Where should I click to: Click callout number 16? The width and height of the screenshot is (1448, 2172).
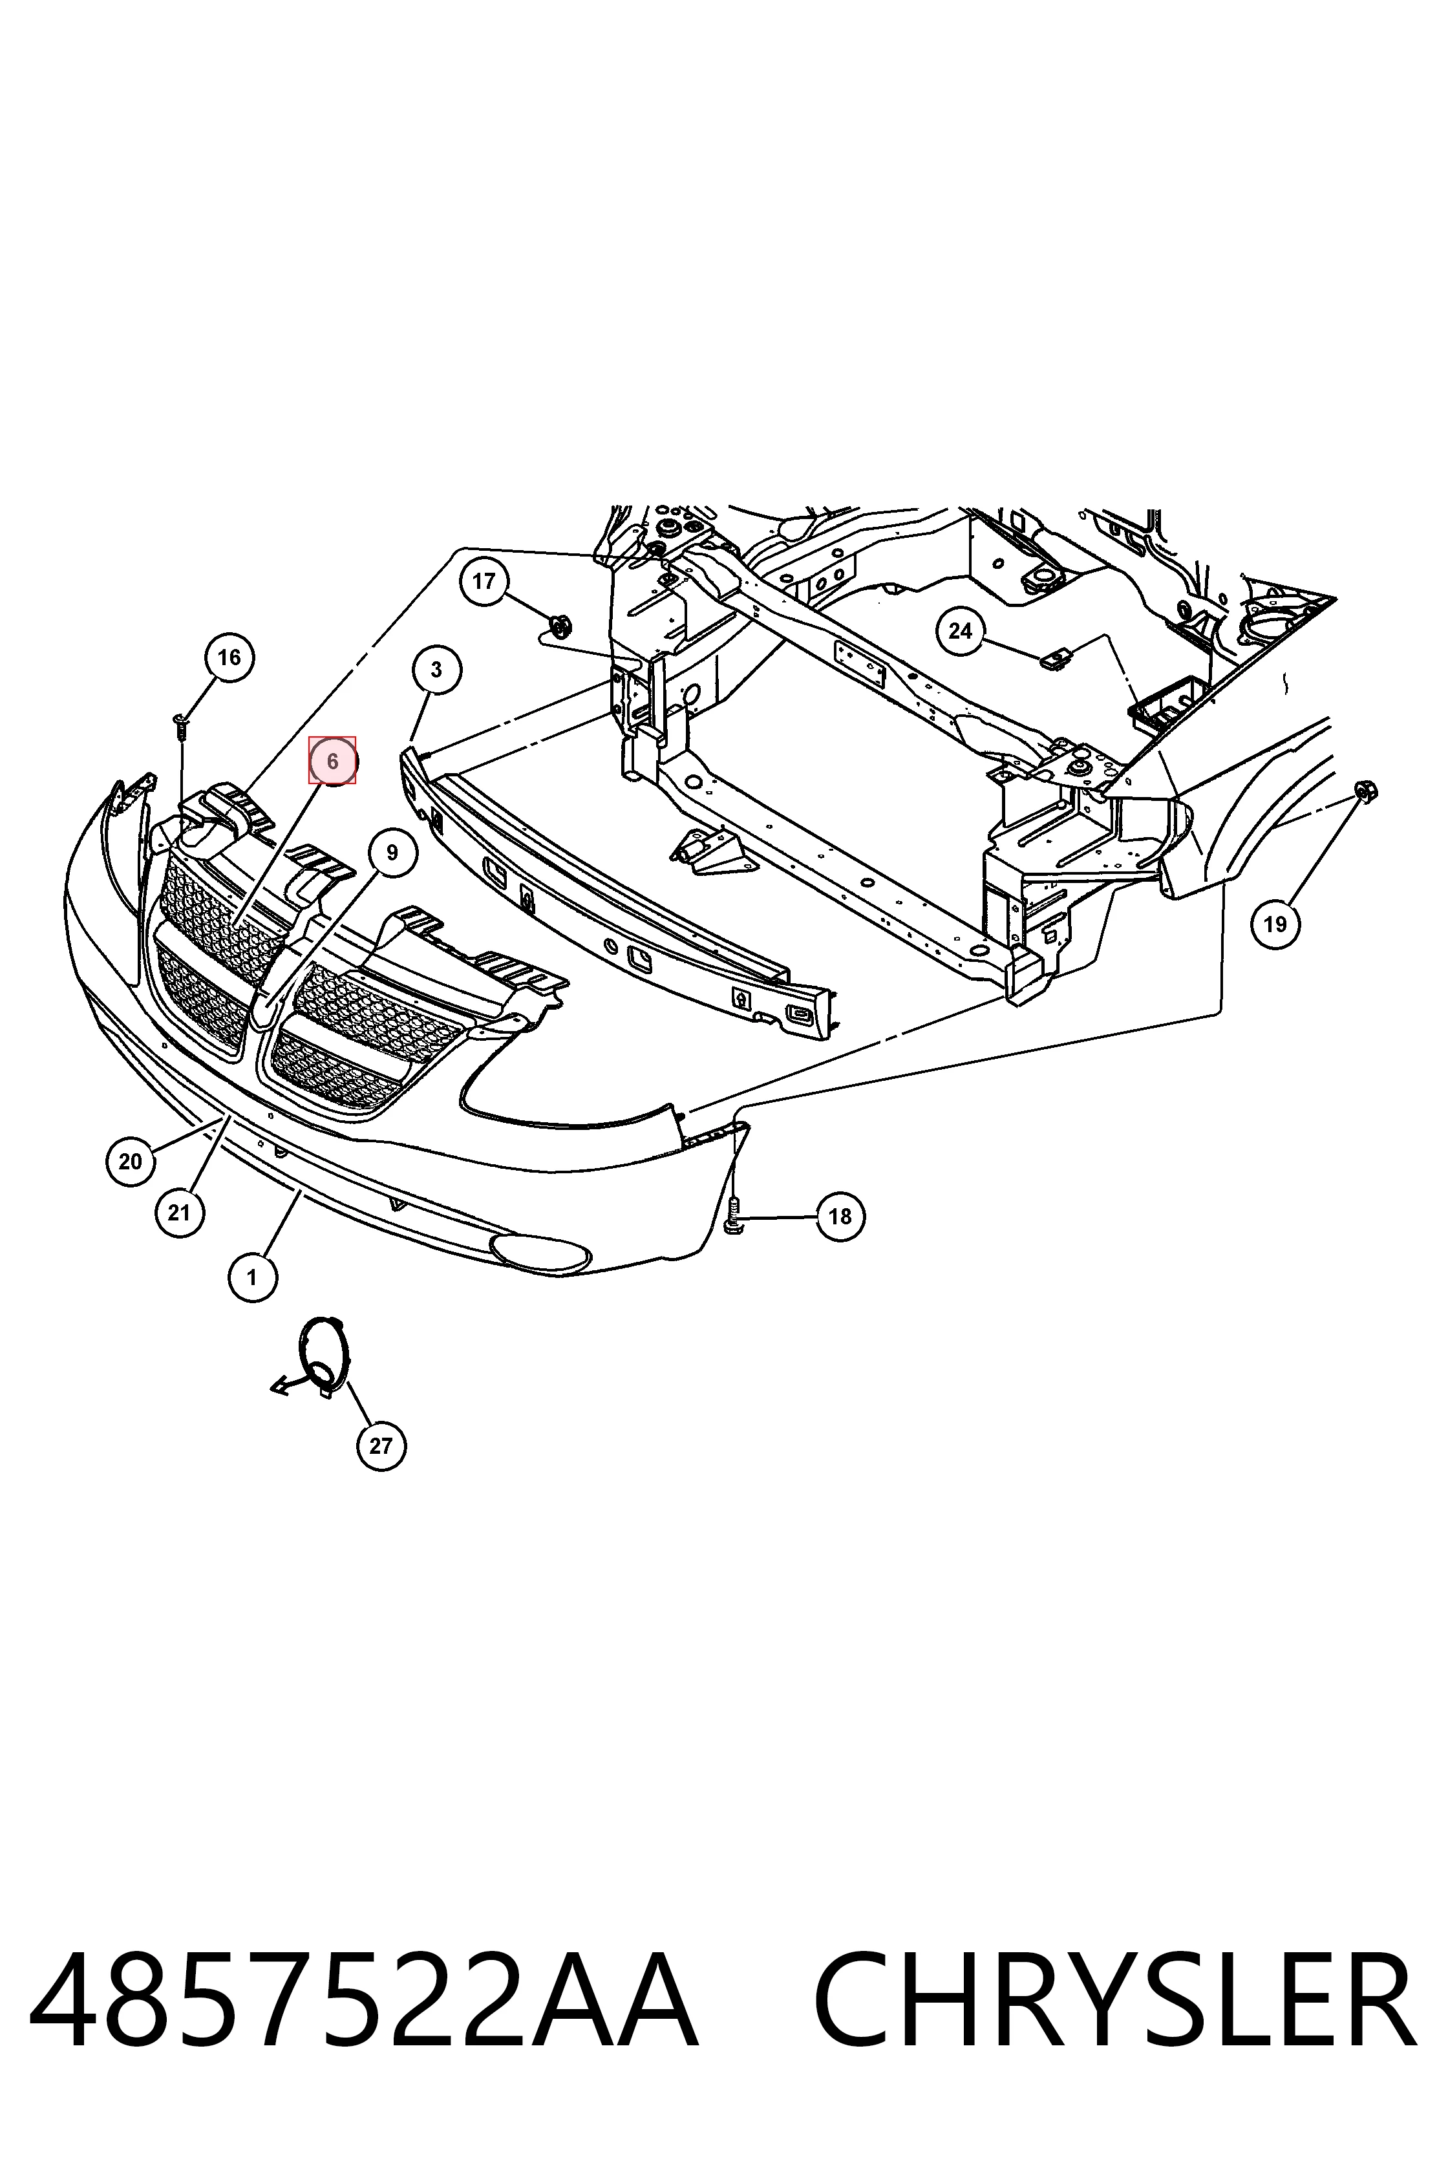coord(228,657)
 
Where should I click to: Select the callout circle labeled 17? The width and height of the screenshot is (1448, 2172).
coord(484,581)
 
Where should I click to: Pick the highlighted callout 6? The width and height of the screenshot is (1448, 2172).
coord(332,762)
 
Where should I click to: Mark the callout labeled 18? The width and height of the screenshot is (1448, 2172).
coord(840,1216)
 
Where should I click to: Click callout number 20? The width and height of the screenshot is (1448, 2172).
coord(130,1161)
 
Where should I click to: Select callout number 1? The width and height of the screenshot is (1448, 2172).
coord(251,1278)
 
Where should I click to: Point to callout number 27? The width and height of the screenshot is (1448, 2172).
coord(381,1446)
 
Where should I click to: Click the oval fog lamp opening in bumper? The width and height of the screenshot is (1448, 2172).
coord(540,1251)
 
